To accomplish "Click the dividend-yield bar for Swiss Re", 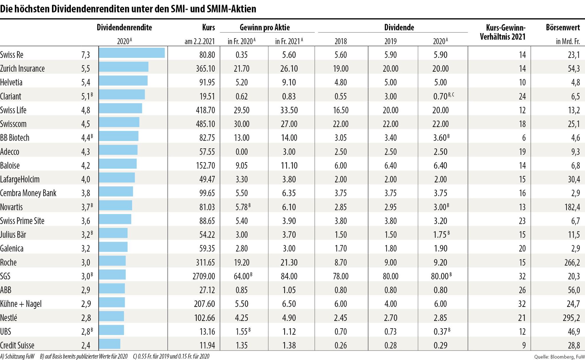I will point(132,53).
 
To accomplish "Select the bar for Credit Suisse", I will point(110,344).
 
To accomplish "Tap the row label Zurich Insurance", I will point(22,69).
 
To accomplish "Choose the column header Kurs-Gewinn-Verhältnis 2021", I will point(503,32).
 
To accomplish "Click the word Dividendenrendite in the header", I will point(124,28).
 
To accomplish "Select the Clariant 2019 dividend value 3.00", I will point(390,96).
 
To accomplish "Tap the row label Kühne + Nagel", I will point(21,304).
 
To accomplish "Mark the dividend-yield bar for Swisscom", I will point(119,122).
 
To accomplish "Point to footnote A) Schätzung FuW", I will point(17,357).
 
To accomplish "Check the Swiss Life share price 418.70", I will point(205,110).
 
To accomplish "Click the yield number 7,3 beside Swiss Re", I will point(86,55).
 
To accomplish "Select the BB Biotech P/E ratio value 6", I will point(524,138).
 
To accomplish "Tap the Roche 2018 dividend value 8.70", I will point(340,262).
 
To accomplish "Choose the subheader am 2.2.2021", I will point(200,42).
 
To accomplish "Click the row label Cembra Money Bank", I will point(28,193).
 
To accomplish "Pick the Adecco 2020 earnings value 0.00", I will point(242,152).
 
